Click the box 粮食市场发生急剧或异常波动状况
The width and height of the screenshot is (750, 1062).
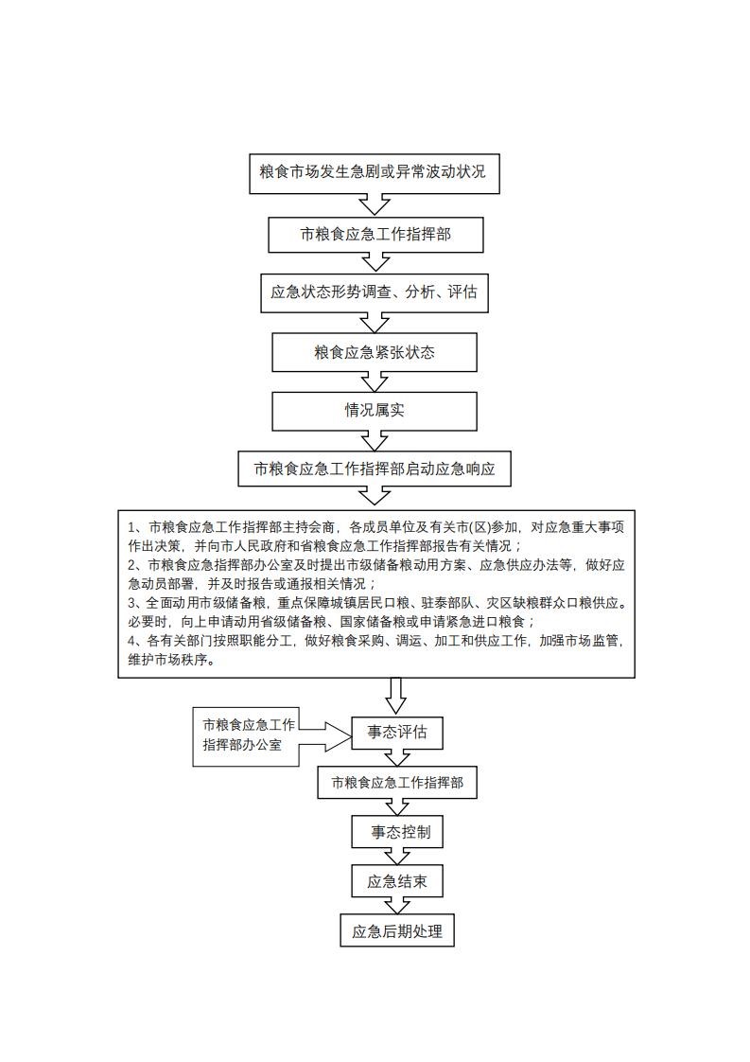pos(375,173)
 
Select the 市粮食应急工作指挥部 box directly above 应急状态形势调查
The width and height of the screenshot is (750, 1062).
pos(375,234)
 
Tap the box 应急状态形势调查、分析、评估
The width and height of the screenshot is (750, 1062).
pos(375,292)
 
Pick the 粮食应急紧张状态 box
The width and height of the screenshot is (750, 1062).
pos(375,352)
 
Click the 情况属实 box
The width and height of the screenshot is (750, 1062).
pos(375,411)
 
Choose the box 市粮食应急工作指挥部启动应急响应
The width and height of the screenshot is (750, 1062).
pos(375,469)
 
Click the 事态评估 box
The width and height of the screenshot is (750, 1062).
pos(397,732)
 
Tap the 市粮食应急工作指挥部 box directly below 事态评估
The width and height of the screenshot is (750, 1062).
pos(397,784)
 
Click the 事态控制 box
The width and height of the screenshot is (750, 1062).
pos(397,833)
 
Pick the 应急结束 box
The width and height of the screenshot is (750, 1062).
pos(397,882)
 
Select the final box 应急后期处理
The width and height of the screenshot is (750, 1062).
pos(397,931)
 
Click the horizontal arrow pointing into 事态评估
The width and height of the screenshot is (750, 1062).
pos(326,732)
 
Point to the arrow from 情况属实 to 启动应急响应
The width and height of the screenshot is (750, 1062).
pos(375,440)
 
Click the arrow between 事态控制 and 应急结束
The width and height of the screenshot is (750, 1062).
pos(397,857)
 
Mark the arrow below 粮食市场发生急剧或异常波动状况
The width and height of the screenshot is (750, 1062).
pos(375,204)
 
